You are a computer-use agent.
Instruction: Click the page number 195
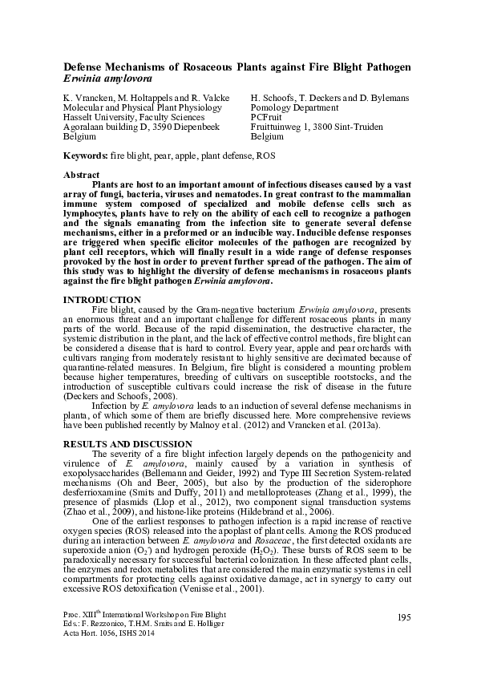click(x=403, y=616)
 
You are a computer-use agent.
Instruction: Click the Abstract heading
click(x=81, y=175)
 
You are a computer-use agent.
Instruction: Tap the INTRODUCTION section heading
click(x=102, y=299)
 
